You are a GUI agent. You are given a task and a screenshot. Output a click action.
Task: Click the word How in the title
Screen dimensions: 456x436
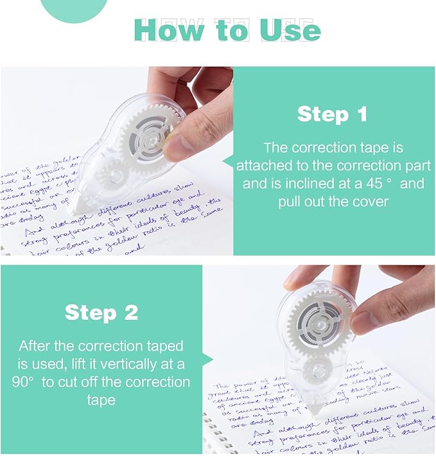pyautogui.click(x=168, y=30)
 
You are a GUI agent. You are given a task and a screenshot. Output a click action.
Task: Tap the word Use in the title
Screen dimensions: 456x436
pyautogui.click(x=289, y=30)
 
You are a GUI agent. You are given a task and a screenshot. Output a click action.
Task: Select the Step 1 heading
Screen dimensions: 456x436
pyautogui.click(x=332, y=114)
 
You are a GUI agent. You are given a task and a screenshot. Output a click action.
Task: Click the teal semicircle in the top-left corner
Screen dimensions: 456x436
pyautogui.click(x=76, y=10)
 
